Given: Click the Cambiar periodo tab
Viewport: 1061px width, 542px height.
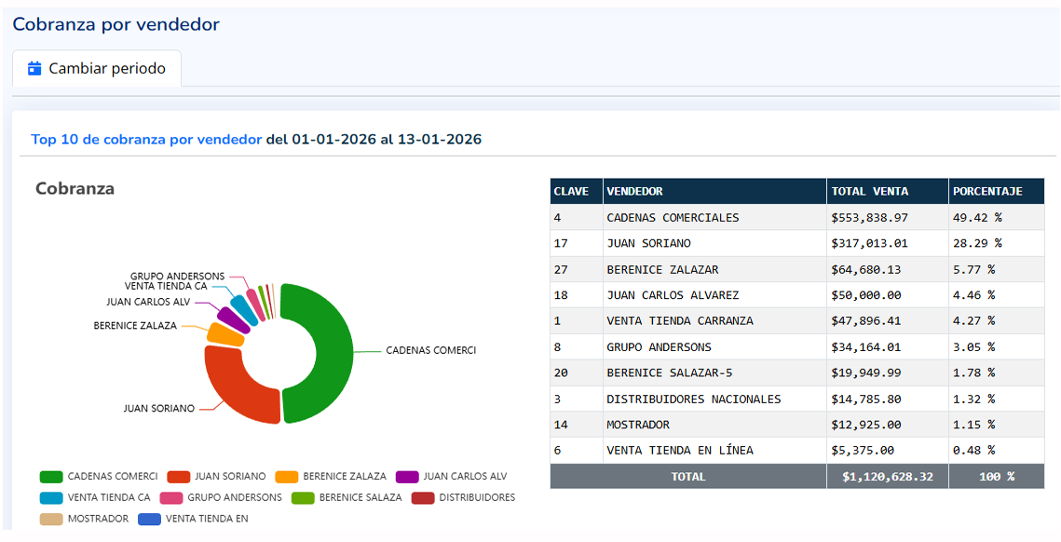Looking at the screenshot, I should click(97, 69).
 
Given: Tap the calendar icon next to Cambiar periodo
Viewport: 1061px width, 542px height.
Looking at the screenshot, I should click(35, 68).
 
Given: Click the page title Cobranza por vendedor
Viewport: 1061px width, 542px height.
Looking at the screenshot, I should click(116, 24).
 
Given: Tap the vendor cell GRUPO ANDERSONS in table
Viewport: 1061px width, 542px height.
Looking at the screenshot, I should click(659, 347).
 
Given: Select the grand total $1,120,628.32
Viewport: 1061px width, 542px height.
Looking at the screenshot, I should click(887, 476).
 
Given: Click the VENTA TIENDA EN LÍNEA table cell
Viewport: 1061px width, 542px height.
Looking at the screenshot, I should click(679, 451).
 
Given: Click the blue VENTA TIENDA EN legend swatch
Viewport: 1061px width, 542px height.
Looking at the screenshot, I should click(149, 519).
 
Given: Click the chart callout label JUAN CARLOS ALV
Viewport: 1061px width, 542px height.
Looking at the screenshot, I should click(148, 302).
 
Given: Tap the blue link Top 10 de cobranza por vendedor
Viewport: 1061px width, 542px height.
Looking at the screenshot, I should click(146, 140).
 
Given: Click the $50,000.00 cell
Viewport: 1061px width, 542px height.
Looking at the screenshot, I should click(865, 295).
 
